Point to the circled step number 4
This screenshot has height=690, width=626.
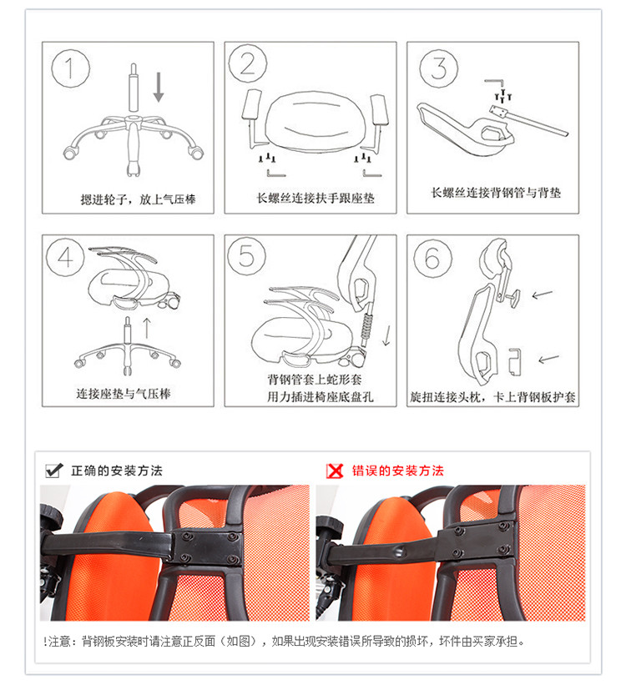pyautogui.click(x=66, y=257)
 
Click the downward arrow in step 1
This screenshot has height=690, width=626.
pyautogui.click(x=159, y=87)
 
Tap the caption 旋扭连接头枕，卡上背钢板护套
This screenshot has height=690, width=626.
pyautogui.click(x=493, y=397)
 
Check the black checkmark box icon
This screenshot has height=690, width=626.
pyautogui.click(x=55, y=471)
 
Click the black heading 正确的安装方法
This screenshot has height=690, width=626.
pyautogui.click(x=117, y=471)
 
